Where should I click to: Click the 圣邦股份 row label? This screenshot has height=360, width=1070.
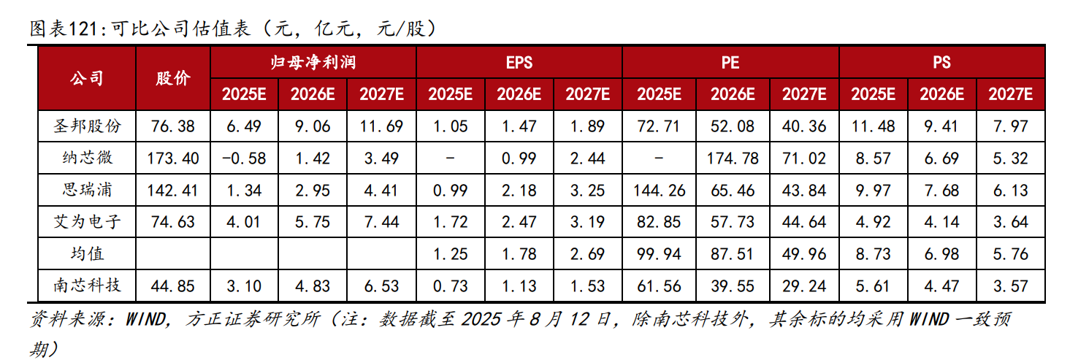(87, 126)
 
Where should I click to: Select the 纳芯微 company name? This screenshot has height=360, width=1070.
(87, 158)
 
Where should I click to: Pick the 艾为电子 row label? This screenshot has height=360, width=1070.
(87, 221)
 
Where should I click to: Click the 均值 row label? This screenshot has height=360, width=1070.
(87, 253)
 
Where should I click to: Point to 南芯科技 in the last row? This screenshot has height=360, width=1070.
(87, 286)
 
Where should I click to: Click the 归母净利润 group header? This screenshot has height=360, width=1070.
(313, 62)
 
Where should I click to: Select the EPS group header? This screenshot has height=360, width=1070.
(519, 62)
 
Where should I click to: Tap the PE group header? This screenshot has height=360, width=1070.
(730, 62)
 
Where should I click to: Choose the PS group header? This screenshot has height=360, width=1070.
(941, 62)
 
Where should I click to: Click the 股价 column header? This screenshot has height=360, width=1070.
(173, 78)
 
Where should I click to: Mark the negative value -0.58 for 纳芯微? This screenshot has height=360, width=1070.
(245, 158)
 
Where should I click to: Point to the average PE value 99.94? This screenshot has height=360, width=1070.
(661, 253)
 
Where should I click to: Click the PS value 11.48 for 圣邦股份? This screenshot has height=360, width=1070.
(873, 126)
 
